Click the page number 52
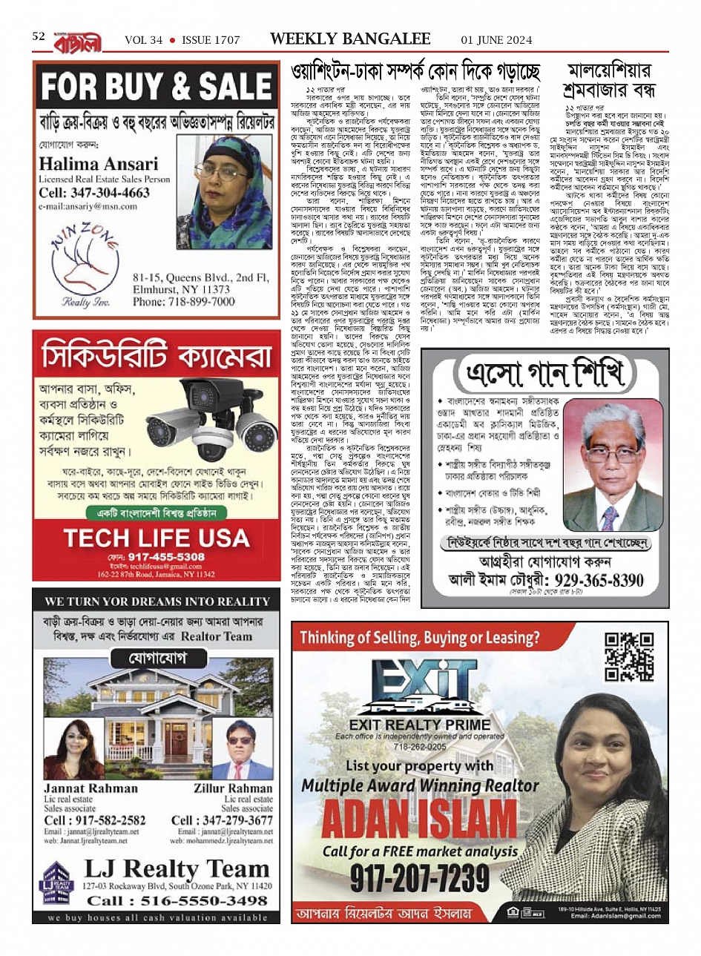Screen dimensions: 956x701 coord(39,36)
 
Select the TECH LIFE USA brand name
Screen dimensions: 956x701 coord(156,538)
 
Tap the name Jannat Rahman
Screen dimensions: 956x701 coord(90,788)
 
